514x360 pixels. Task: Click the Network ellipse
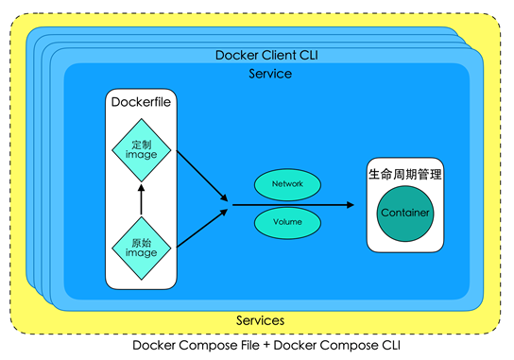(x=287, y=184)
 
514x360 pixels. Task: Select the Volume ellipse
(x=287, y=223)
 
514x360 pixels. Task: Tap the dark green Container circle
(x=405, y=214)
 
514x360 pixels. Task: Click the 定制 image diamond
(x=142, y=150)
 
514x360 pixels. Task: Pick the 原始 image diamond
(x=142, y=249)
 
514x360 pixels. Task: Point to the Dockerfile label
(x=141, y=102)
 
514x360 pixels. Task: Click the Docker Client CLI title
(x=266, y=55)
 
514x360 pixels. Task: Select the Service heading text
(x=270, y=74)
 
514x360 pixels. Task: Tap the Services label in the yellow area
(x=260, y=320)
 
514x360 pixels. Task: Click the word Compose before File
(x=219, y=345)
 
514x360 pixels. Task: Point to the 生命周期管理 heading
(x=405, y=174)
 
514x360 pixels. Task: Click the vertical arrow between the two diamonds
(x=142, y=199)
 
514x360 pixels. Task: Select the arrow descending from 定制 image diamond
(x=202, y=176)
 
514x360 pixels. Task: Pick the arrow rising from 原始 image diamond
(x=202, y=228)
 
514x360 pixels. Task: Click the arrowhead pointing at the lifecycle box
(x=351, y=205)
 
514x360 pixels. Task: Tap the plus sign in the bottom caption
(x=266, y=346)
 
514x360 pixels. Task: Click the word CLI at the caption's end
(x=391, y=345)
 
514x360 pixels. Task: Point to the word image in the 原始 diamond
(x=142, y=253)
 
